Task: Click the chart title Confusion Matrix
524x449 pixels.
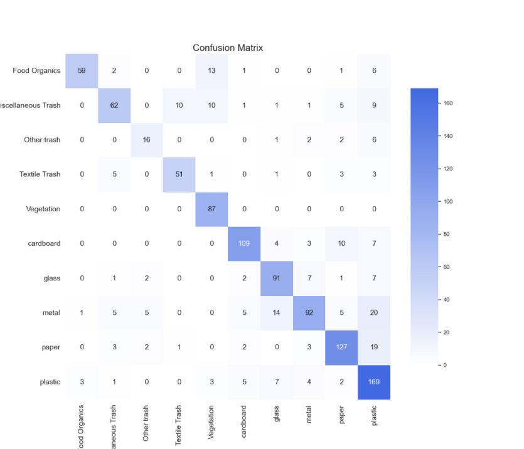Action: pyautogui.click(x=228, y=48)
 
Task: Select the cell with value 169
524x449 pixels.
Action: pyautogui.click(x=374, y=382)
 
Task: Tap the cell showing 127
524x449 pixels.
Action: pyautogui.click(x=341, y=347)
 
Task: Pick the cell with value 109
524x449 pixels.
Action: pyautogui.click(x=244, y=243)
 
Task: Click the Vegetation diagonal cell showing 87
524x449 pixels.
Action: pyautogui.click(x=211, y=209)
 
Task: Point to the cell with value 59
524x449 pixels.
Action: pyautogui.click(x=82, y=70)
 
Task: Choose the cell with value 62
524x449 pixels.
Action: pyautogui.click(x=114, y=105)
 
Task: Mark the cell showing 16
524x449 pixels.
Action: pyautogui.click(x=147, y=139)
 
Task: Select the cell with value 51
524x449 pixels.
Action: pyautogui.click(x=179, y=174)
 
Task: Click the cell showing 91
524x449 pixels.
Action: pyautogui.click(x=277, y=278)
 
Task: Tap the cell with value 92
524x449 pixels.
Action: pyautogui.click(x=309, y=313)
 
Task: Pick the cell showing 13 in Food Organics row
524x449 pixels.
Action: pyautogui.click(x=211, y=70)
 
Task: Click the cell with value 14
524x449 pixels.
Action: pyautogui.click(x=277, y=313)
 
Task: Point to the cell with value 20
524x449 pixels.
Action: pyautogui.click(x=374, y=313)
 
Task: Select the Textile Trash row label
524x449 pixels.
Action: pyautogui.click(x=40, y=174)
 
